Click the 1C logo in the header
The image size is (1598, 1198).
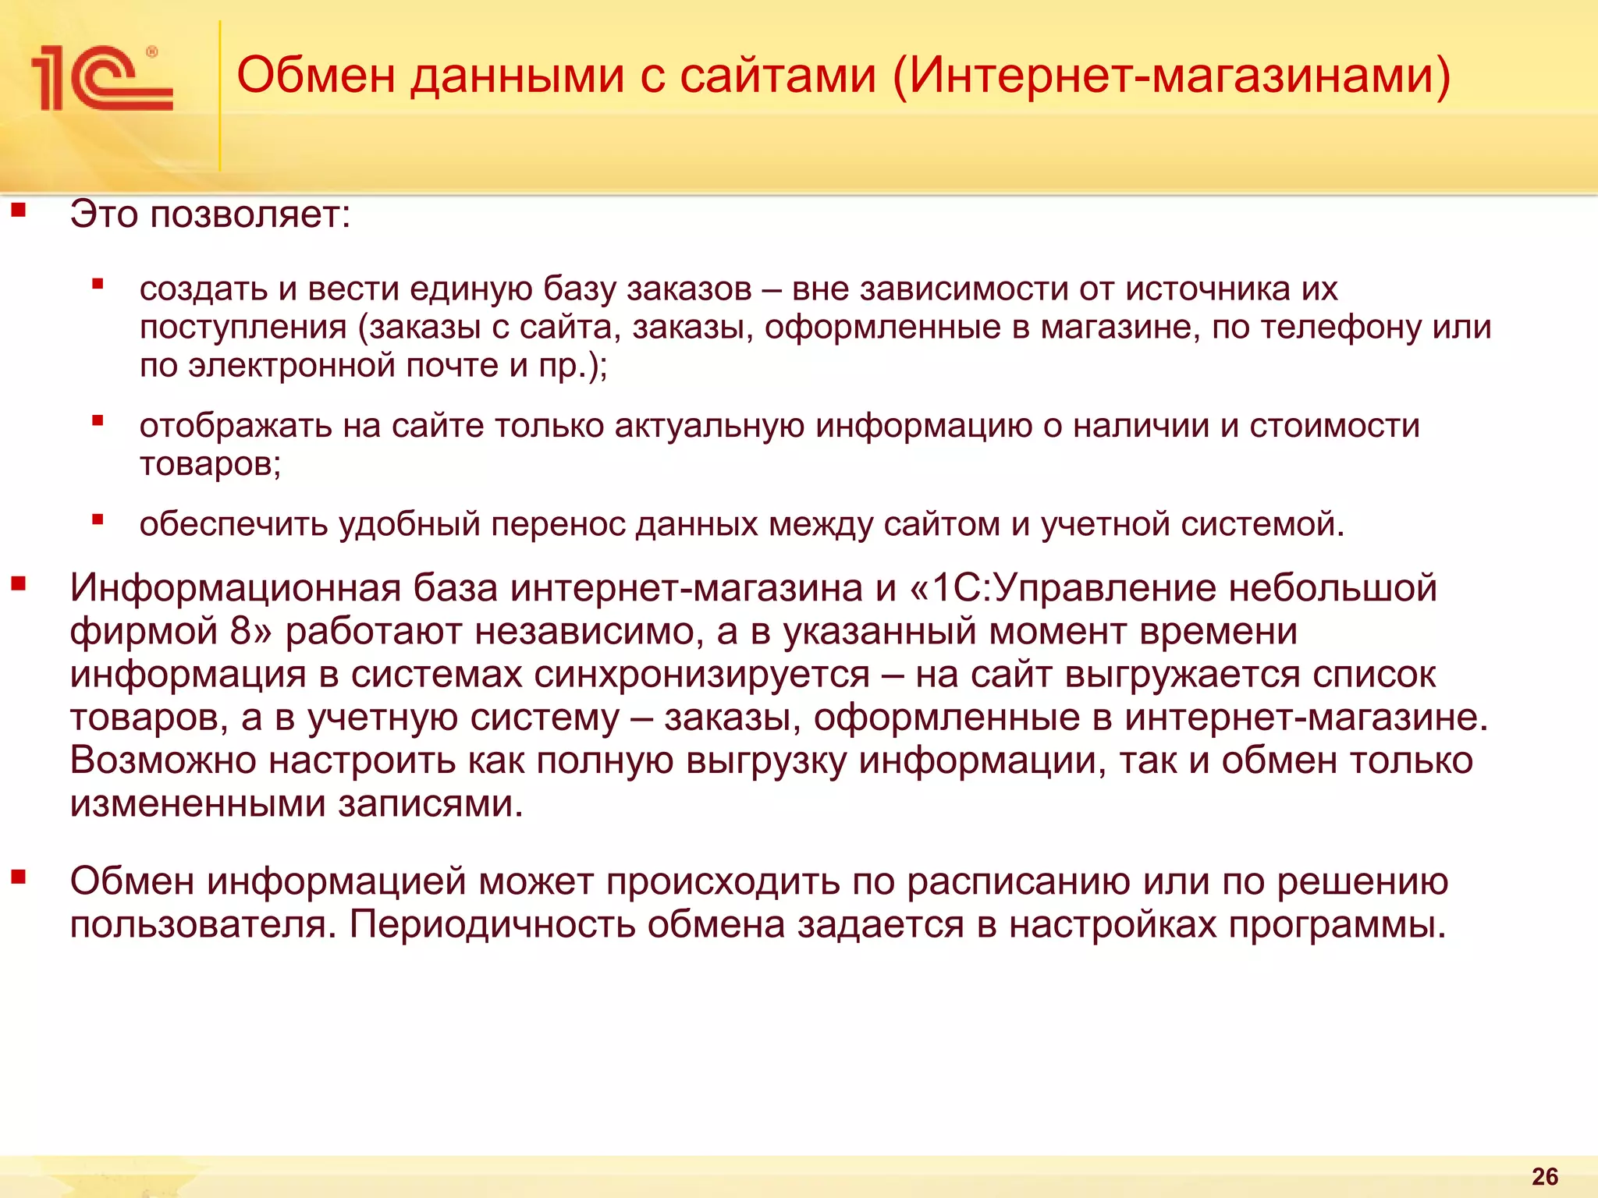tap(101, 78)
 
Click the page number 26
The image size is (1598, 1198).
tap(1545, 1176)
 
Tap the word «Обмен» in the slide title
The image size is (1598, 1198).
tap(315, 76)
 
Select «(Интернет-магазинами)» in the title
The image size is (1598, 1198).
tap(1170, 77)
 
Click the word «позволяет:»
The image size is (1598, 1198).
tap(250, 214)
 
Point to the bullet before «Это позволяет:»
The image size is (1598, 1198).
tap(19, 209)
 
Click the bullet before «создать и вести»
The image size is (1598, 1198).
tap(98, 285)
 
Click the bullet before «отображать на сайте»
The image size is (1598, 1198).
tap(98, 422)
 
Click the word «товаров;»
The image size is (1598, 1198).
tap(210, 464)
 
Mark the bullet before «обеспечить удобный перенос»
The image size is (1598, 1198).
tap(98, 519)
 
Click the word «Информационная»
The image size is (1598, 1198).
tap(235, 588)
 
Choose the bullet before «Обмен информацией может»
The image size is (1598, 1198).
tap(19, 877)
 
